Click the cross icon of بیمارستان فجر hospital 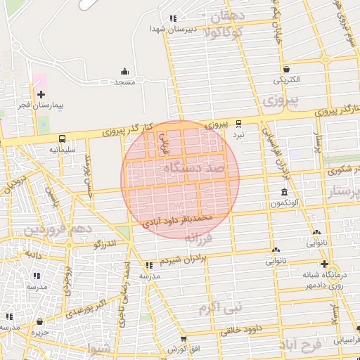point(41,94)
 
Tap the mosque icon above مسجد point(124,71)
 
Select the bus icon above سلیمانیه point(63,139)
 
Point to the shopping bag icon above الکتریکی point(288,69)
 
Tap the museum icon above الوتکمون point(284,192)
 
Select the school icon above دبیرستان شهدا point(173,19)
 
